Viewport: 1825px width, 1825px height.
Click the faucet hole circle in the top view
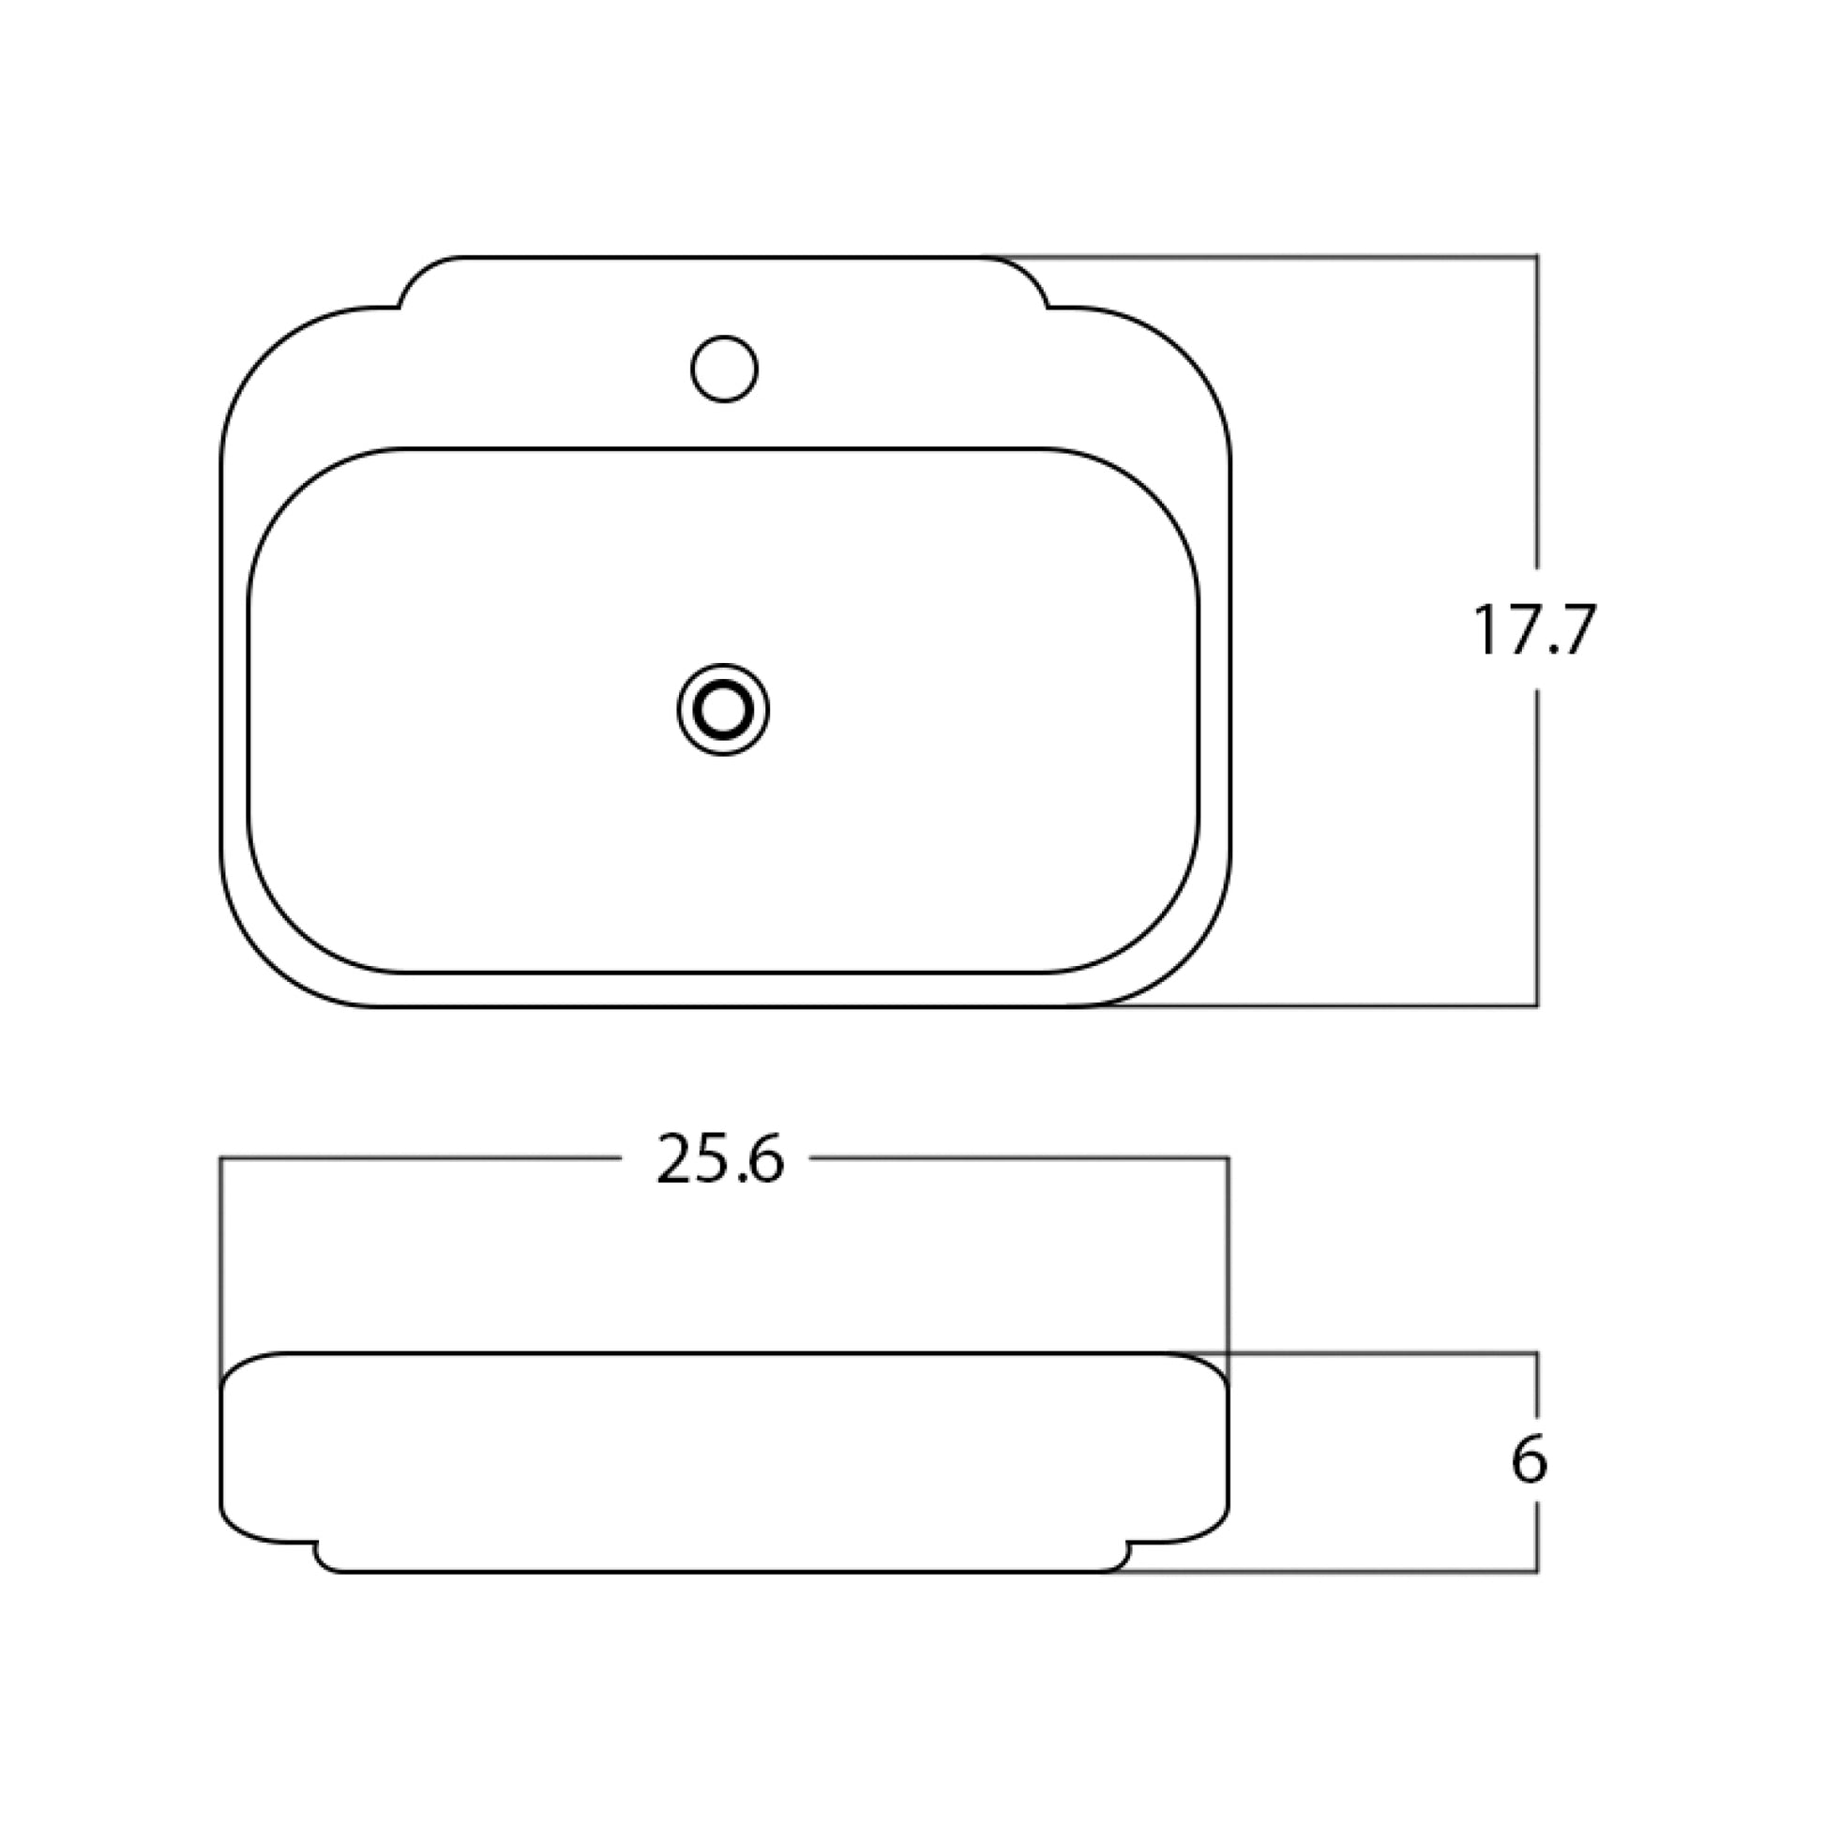tap(725, 369)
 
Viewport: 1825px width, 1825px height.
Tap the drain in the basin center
tap(724, 709)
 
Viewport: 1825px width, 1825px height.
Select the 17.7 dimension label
tap(1534, 630)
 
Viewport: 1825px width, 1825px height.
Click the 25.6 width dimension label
tap(720, 1160)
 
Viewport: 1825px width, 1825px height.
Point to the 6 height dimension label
tap(1530, 1459)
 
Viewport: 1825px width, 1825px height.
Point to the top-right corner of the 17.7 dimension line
tap(1537, 256)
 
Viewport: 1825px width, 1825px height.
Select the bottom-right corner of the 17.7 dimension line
tap(1537, 1006)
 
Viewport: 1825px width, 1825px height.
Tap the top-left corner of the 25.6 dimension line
tap(221, 1158)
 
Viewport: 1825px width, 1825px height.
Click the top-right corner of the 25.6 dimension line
tap(1228, 1158)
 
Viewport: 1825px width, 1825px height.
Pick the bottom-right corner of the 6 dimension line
tap(1537, 1573)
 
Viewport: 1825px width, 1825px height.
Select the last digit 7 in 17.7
tap(1575, 630)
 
